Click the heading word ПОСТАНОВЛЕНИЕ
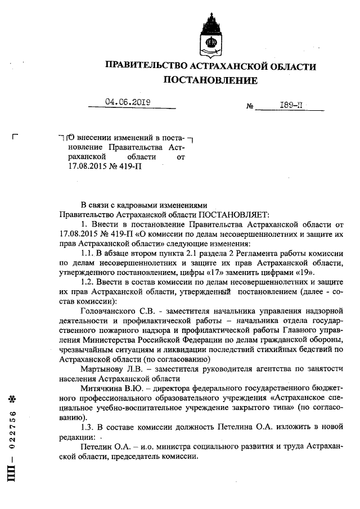pyautogui.click(x=210, y=80)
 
